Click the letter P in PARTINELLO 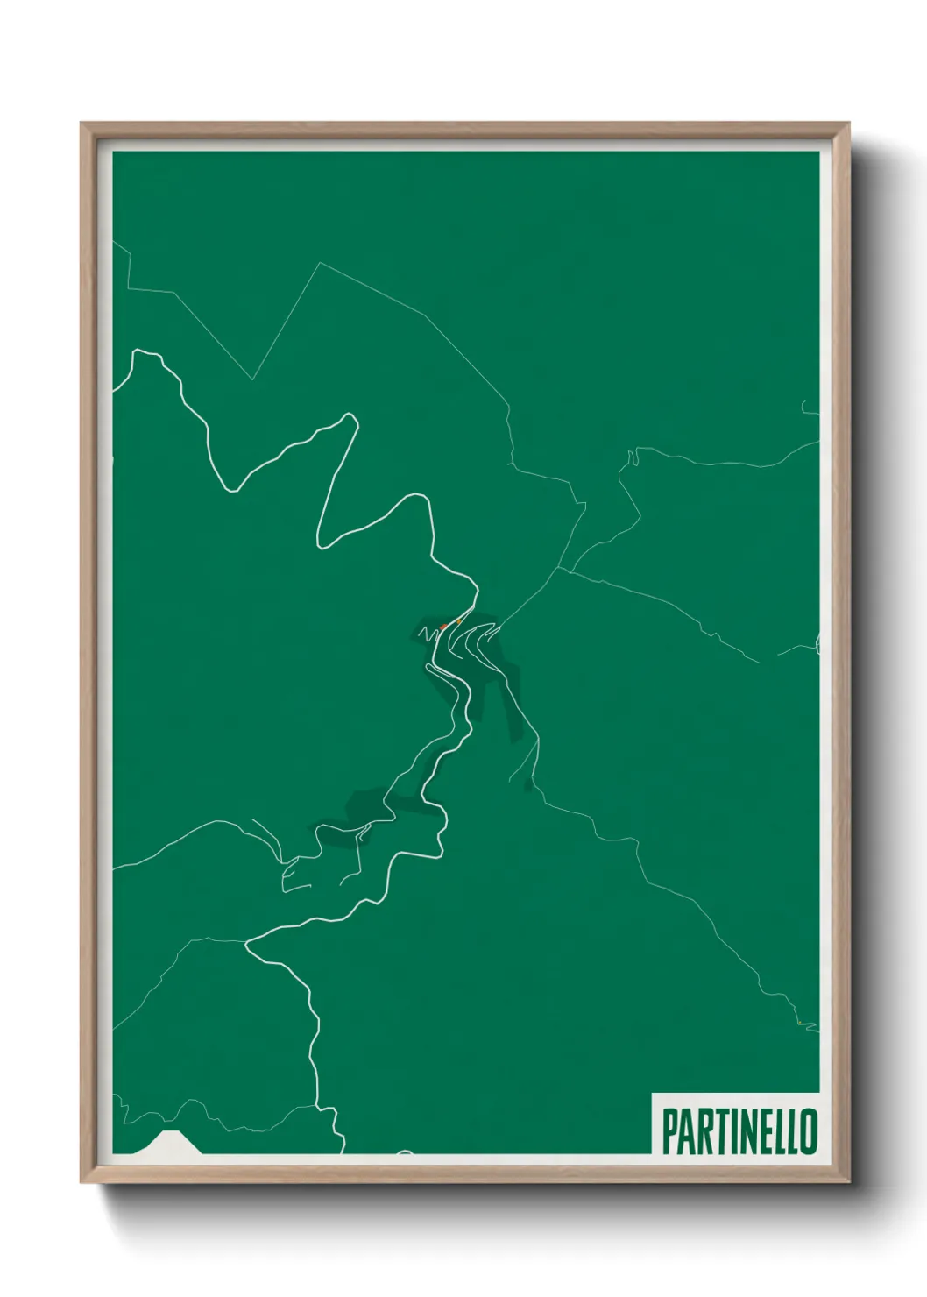click(x=669, y=1131)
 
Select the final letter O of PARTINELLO click(x=809, y=1131)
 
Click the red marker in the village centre click(x=443, y=627)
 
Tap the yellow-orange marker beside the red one click(x=458, y=622)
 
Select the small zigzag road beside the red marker click(x=428, y=632)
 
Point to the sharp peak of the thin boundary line click(x=321, y=262)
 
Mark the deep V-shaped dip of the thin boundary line click(x=252, y=379)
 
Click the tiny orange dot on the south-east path click(x=799, y=1023)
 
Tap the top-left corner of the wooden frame click(x=81, y=124)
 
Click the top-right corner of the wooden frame click(x=848, y=124)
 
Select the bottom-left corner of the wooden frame click(x=81, y=1182)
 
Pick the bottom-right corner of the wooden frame click(x=848, y=1182)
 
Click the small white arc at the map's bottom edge click(x=404, y=1152)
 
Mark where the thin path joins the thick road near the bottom click(x=248, y=943)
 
